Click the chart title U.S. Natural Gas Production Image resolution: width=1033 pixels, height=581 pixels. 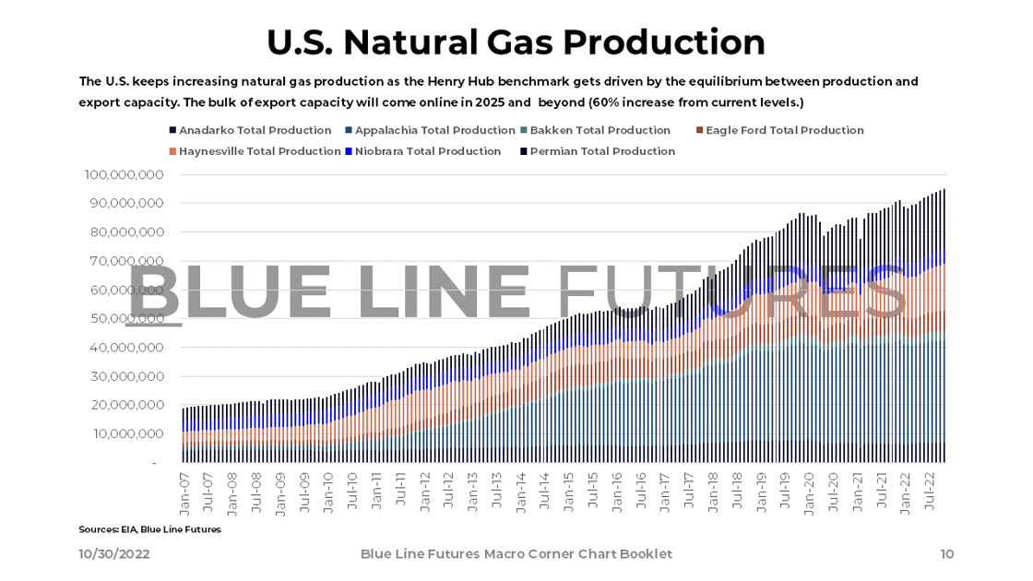click(516, 42)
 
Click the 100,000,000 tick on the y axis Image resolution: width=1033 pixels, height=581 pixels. click(124, 174)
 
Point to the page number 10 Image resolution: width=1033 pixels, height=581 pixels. click(946, 554)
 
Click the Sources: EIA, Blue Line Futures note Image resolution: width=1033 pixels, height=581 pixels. click(149, 529)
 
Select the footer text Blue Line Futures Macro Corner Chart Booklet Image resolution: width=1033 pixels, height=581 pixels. click(516, 554)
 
